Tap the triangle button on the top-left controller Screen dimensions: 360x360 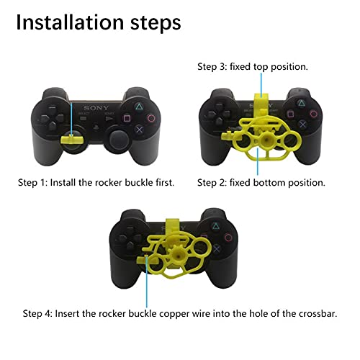[x=132, y=103]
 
